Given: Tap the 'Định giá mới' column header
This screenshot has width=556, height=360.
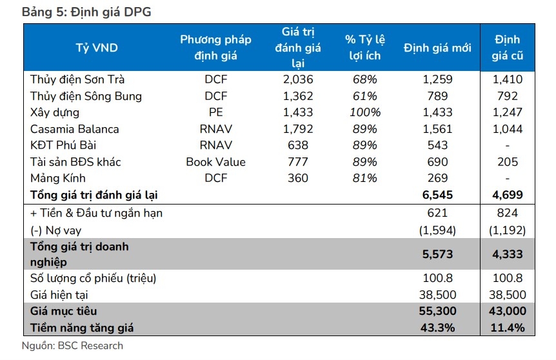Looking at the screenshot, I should coord(437,48).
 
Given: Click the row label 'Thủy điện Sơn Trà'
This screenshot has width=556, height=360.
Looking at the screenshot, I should coord(77,80).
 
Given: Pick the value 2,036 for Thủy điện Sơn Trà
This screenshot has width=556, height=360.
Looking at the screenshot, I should coord(297,80).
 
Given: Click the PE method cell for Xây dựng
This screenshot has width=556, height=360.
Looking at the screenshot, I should coord(215,112).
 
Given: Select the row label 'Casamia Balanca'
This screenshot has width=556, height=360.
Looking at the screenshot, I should coord(74,129).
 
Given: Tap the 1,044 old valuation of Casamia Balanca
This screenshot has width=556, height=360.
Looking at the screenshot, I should coord(507,129).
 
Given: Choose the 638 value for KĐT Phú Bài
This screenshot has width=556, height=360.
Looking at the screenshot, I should coord(297,145).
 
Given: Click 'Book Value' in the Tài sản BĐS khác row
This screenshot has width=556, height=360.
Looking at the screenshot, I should coord(215,162).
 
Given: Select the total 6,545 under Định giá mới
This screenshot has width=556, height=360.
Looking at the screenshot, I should coord(437,194).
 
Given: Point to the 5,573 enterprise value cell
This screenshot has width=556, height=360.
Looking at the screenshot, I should coord(437,254).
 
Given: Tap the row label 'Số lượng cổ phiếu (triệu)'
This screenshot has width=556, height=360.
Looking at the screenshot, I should coord(94,279).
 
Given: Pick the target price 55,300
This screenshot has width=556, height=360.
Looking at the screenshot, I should coord(437,312).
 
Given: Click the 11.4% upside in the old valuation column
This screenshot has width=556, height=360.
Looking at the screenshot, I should coord(507,328).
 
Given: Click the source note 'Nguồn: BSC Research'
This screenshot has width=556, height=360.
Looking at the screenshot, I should coord(72,346).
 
